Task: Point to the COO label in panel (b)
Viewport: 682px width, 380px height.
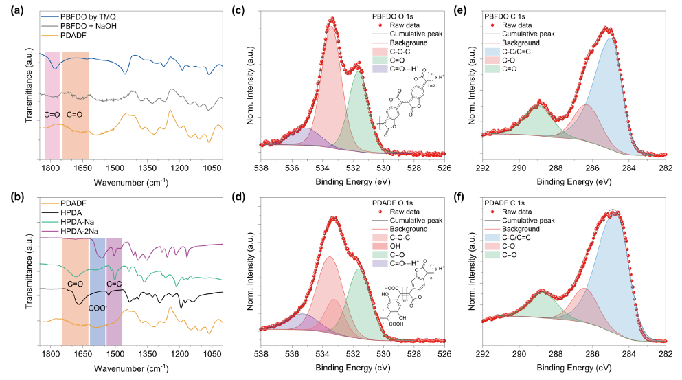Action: point(98,309)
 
